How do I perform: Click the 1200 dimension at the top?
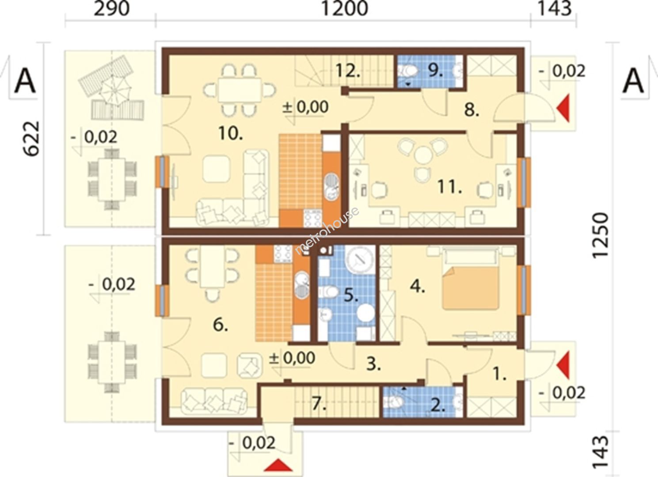click(x=345, y=8)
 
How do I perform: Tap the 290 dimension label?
click(x=112, y=8)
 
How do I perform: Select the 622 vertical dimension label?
click(x=31, y=138)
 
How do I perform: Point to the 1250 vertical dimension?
click(x=600, y=236)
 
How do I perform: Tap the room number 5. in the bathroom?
click(x=351, y=295)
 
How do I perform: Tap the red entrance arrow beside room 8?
click(x=563, y=108)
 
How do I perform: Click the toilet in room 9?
click(x=409, y=71)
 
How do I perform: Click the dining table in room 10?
click(x=240, y=90)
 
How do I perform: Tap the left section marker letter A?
click(x=25, y=81)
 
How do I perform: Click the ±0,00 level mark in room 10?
click(x=305, y=107)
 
